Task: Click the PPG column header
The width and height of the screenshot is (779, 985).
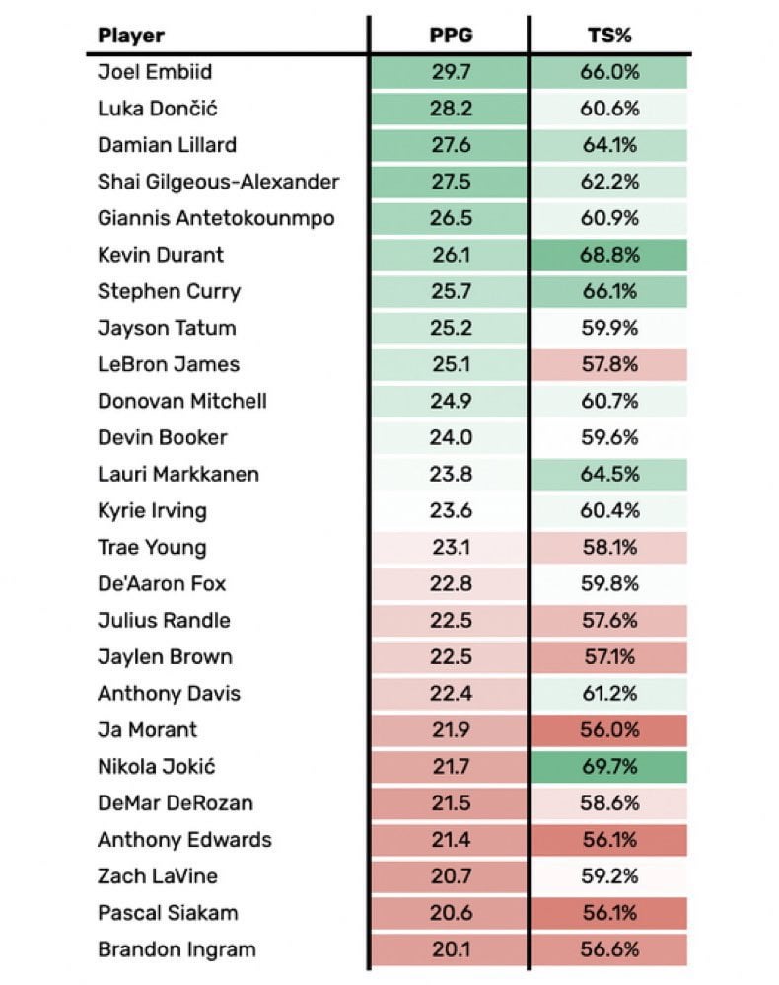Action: pyautogui.click(x=449, y=37)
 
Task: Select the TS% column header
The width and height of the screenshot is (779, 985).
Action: pyautogui.click(x=608, y=37)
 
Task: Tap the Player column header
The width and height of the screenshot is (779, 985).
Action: pyautogui.click(x=131, y=37)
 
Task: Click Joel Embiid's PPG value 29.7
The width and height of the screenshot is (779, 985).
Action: pyautogui.click(x=449, y=72)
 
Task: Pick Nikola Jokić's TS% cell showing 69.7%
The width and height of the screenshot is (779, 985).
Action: pyautogui.click(x=608, y=767)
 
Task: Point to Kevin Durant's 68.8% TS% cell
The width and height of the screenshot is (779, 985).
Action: pyautogui.click(x=608, y=255)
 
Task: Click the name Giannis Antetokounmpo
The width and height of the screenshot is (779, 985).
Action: pyautogui.click(x=216, y=218)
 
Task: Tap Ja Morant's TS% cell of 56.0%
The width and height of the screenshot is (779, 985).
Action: pyautogui.click(x=608, y=730)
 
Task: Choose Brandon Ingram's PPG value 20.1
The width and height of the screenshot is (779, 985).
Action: pyautogui.click(x=449, y=949)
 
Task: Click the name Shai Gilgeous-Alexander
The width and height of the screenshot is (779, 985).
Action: pyautogui.click(x=219, y=182)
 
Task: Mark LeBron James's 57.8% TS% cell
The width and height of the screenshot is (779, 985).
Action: pyautogui.click(x=608, y=364)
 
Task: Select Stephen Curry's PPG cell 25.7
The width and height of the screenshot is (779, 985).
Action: pyautogui.click(x=449, y=291)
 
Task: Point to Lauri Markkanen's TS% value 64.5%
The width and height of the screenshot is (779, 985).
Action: pyautogui.click(x=608, y=474)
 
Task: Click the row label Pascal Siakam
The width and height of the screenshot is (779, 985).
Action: pyautogui.click(x=168, y=913)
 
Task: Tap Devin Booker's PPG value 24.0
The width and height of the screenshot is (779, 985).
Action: pyautogui.click(x=449, y=437)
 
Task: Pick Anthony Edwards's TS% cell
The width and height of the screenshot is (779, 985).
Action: pyautogui.click(x=608, y=840)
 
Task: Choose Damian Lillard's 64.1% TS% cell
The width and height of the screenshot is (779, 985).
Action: pyautogui.click(x=608, y=145)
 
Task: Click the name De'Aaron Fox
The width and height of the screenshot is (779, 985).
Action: pyautogui.click(x=162, y=584)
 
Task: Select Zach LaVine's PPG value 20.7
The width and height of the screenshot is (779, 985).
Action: pyautogui.click(x=449, y=876)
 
